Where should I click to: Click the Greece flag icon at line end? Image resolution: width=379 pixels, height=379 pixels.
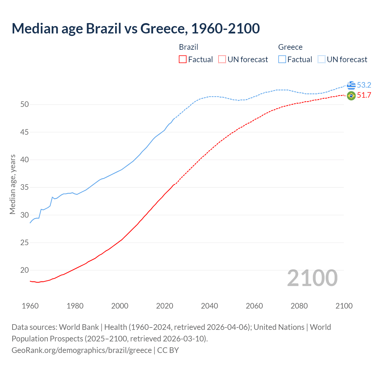351,85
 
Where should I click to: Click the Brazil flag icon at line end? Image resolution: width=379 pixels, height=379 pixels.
351,96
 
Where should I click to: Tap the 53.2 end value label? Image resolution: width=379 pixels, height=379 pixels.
364,85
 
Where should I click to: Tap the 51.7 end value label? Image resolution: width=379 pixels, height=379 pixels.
364,95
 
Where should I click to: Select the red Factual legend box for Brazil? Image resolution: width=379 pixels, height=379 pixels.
183,60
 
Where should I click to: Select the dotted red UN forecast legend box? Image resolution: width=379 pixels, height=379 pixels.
222,60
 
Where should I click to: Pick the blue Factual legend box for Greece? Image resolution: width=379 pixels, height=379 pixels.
282,60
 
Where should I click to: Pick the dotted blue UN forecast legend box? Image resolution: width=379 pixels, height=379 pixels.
322,60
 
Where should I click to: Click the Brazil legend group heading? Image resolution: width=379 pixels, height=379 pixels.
189,47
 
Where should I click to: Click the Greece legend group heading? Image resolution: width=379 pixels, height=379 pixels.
290,47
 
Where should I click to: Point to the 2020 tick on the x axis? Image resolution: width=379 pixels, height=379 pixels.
165,306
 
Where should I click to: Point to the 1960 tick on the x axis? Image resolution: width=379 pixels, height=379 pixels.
30,306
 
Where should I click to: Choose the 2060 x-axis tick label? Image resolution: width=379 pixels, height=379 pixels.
254,306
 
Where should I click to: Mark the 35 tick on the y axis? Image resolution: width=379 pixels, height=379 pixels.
25,187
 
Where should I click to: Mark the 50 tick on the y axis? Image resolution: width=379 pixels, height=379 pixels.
25,105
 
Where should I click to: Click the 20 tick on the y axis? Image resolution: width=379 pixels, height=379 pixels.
25,270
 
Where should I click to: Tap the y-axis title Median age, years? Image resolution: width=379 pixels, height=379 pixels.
12,184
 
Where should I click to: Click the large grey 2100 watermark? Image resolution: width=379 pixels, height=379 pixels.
312,278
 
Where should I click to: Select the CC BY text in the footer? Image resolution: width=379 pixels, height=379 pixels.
168,350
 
